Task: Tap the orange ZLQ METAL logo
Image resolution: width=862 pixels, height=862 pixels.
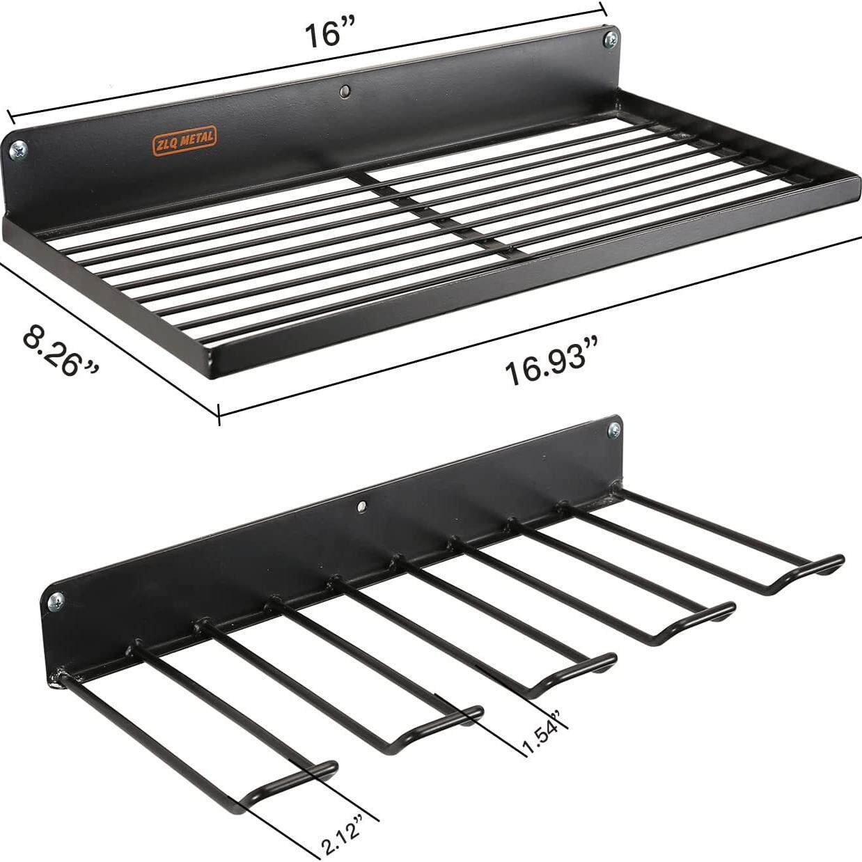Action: [184, 141]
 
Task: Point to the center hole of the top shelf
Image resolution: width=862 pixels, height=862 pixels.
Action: [345, 91]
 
